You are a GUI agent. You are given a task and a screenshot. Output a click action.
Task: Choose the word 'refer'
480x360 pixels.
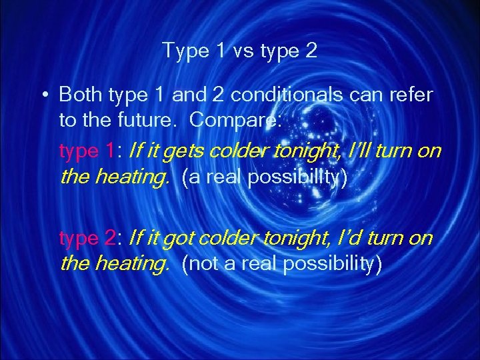(x=414, y=95)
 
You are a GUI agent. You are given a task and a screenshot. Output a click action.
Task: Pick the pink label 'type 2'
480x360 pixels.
(x=86, y=237)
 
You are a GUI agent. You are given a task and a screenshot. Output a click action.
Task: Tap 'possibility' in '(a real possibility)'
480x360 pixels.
(x=295, y=178)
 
